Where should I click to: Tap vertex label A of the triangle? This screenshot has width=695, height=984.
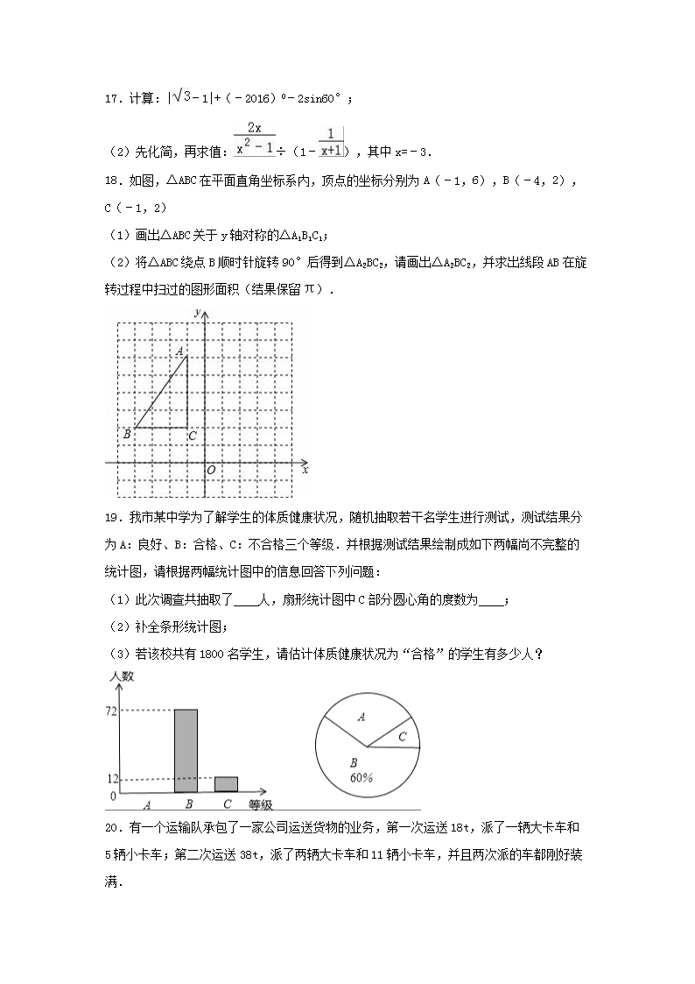[x=179, y=351]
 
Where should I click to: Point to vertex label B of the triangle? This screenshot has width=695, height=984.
[x=127, y=434]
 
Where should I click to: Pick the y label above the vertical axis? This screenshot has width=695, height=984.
[x=199, y=313]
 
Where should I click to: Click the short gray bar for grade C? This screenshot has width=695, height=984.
[x=226, y=785]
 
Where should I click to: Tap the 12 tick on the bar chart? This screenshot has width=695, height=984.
[x=110, y=779]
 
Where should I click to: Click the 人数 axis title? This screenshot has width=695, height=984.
[x=122, y=676]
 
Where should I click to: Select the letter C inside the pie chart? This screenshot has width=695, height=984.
[x=402, y=737]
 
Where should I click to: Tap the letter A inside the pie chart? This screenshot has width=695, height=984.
[x=361, y=717]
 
